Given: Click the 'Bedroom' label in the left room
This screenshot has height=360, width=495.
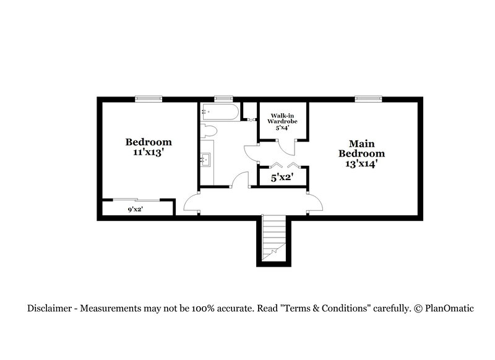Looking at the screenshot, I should tap(148, 141).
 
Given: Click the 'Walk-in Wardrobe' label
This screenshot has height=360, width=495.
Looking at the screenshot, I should tap(282, 118).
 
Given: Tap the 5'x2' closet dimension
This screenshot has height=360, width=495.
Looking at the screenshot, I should tap(282, 178).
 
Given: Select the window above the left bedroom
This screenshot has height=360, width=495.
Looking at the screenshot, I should tap(149, 98).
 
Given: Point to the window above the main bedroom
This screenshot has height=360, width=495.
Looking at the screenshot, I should tap(368, 98).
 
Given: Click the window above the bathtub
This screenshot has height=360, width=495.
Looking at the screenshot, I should tap(223, 98).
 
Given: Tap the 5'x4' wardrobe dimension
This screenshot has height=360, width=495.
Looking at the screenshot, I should tap(282, 128).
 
